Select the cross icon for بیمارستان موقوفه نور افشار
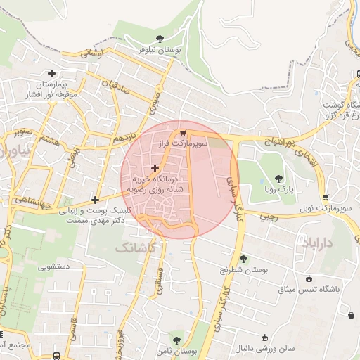coord(51,72)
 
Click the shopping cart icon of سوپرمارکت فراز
coord(183,132)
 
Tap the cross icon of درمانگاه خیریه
coord(155,168)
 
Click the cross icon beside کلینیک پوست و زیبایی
coord(95,200)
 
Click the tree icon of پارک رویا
coord(278,179)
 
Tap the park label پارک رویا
coord(278,190)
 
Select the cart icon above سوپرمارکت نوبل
coord(325,198)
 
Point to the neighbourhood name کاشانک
coord(131,248)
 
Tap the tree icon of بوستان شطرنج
coord(244,259)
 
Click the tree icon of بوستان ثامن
coord(176,341)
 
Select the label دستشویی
coord(53,267)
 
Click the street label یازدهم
coord(121,141)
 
